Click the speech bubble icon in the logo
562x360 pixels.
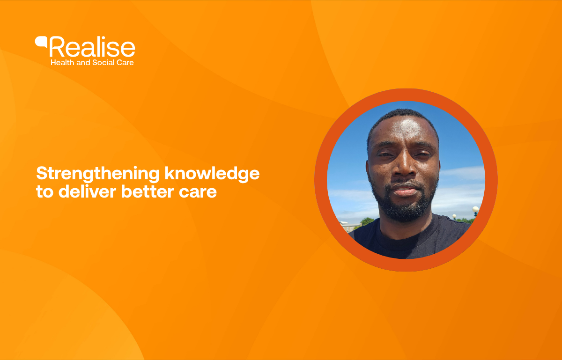coord(41,42)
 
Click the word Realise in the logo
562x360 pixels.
coord(92,47)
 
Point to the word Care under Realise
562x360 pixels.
coord(125,62)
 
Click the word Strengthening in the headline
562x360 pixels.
coord(98,174)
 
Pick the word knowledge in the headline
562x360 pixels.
coord(212,174)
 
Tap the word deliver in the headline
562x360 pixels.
coord(87,191)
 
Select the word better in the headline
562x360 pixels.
coord(148,191)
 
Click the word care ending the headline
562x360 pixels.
coord(198,193)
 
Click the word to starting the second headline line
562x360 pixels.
coord(45,192)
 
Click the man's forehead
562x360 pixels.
coord(403,130)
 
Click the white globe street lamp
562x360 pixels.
coord(475,209)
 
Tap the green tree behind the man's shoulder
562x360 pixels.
coord(367,221)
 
